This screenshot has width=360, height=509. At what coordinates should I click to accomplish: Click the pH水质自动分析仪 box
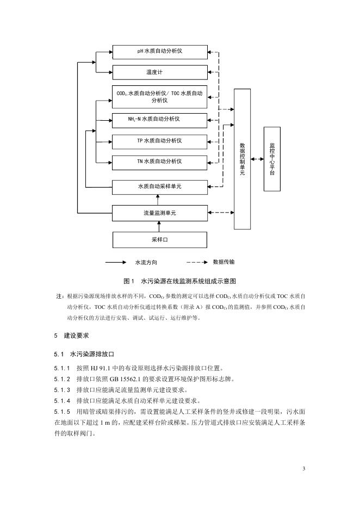pos(159,52)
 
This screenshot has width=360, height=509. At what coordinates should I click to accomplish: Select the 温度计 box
pos(159,72)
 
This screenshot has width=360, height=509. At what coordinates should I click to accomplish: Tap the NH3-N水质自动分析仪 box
pos(159,119)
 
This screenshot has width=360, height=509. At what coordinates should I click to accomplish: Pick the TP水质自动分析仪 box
pos(159,140)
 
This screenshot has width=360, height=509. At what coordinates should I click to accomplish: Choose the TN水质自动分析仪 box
pos(159,162)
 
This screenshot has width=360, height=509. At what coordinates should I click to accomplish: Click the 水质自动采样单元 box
pos(159,187)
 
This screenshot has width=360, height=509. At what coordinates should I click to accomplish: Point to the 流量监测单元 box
pos(159,213)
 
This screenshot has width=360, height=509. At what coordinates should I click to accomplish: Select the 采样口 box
pos(159,239)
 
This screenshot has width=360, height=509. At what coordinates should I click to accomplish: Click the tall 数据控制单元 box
pos(243,159)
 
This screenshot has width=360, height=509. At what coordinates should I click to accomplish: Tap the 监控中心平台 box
pos(272,159)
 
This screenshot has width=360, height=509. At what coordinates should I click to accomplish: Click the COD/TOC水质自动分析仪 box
pos(159,96)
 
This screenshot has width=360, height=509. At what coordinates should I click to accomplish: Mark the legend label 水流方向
pos(146,262)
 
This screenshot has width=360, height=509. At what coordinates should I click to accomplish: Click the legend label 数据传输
pos(224,262)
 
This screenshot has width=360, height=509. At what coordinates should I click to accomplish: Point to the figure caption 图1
pos(129,281)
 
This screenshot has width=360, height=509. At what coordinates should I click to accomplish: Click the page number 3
pos(305,469)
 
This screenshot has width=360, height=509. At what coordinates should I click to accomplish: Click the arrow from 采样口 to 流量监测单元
pos(159,226)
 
